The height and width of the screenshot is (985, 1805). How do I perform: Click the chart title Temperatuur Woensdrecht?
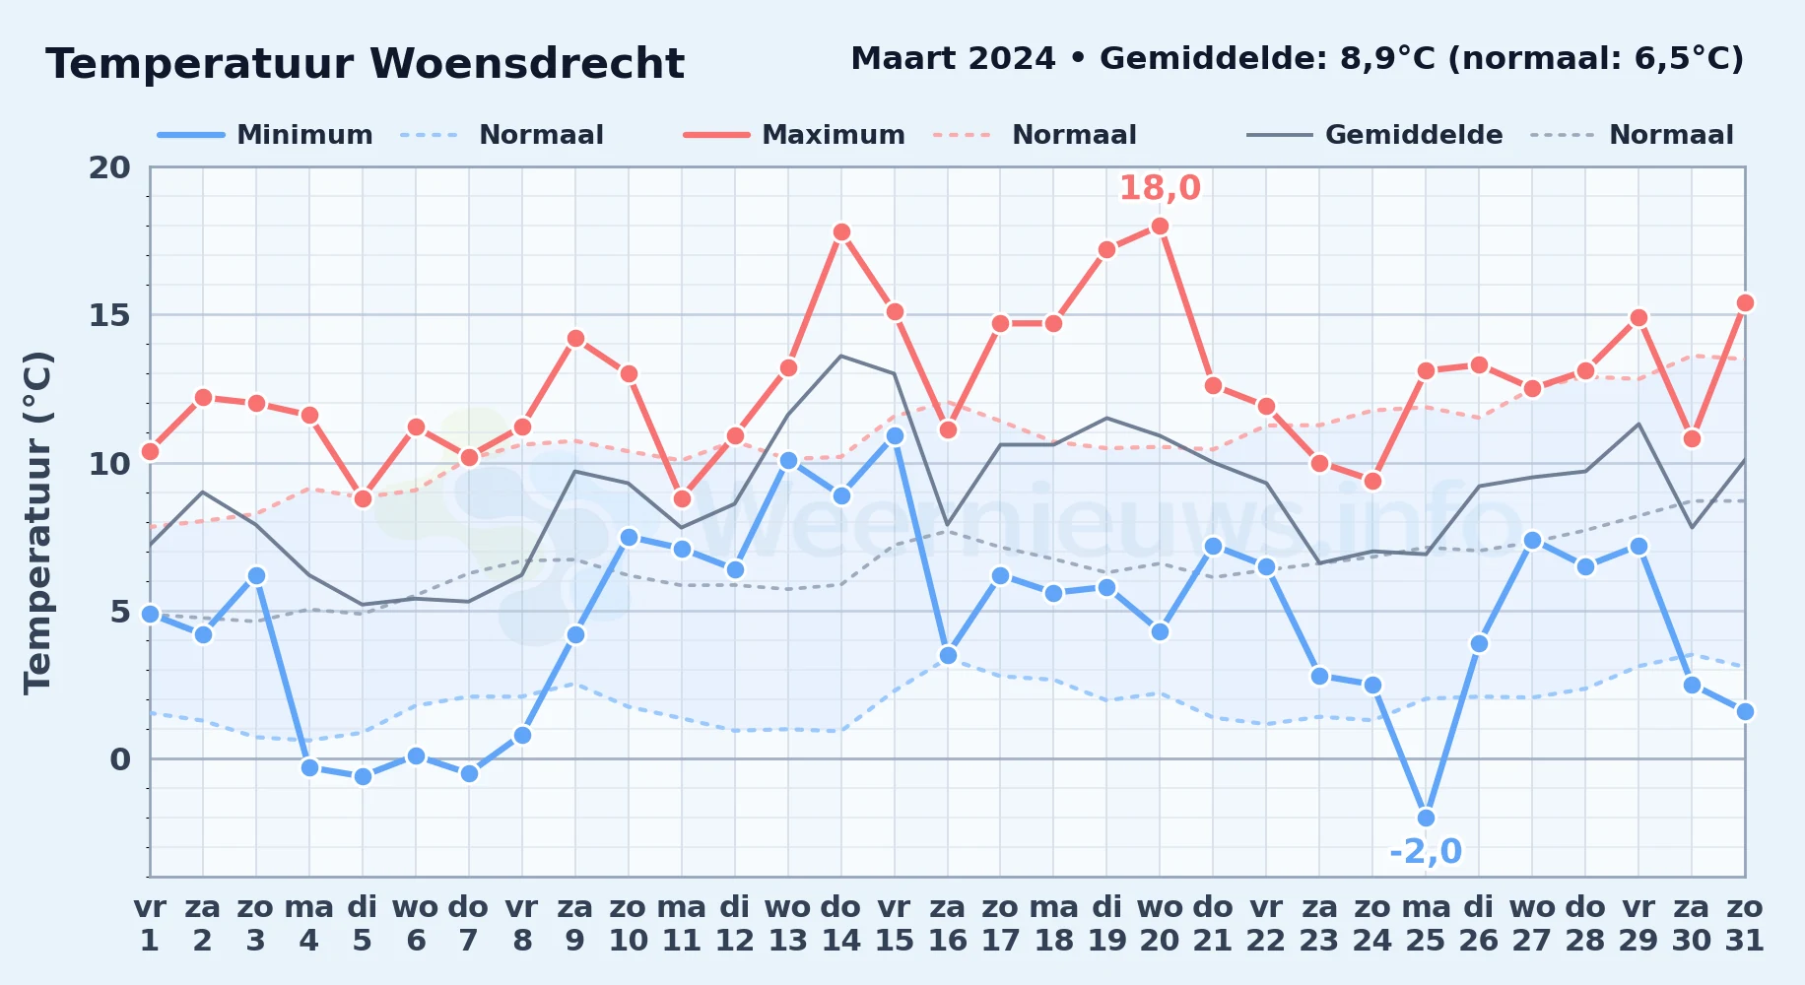(x=365, y=64)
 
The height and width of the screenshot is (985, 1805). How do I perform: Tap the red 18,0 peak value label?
(x=1160, y=187)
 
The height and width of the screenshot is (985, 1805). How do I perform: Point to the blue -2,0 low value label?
(x=1426, y=851)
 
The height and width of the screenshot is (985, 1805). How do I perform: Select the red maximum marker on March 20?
(x=1160, y=227)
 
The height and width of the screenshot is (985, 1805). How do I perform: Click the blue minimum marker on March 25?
(x=1426, y=819)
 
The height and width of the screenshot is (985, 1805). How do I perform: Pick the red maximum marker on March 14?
(x=841, y=232)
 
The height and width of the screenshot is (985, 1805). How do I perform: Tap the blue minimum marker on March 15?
(x=895, y=435)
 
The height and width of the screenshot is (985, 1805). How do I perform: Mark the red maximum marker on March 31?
(x=1745, y=303)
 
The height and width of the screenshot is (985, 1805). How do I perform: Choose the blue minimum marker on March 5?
(x=363, y=777)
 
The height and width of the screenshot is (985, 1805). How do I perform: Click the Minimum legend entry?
(x=266, y=135)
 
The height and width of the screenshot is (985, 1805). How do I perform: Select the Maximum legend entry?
(x=795, y=135)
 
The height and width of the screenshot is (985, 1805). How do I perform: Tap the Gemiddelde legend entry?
(x=1375, y=135)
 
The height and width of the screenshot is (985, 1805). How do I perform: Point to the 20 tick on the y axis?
(x=109, y=167)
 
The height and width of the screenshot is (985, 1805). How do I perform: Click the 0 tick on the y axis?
(x=120, y=759)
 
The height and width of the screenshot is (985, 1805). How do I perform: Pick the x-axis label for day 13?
(x=788, y=923)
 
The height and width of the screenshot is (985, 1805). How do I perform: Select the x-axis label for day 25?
(x=1426, y=923)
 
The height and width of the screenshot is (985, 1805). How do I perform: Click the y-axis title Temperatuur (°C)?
(x=37, y=522)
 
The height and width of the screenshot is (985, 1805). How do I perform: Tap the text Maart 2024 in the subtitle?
(x=953, y=58)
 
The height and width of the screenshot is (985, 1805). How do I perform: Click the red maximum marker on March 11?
(x=682, y=498)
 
